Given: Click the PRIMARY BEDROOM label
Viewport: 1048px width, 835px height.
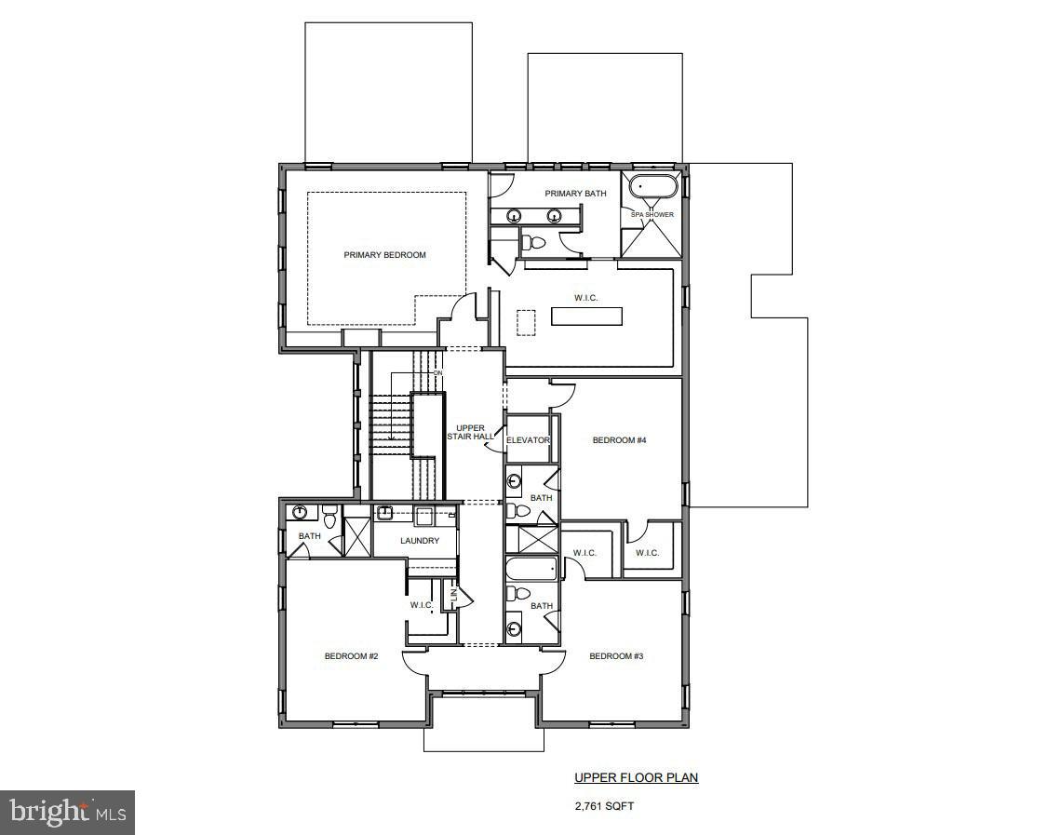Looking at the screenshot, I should tap(384, 255).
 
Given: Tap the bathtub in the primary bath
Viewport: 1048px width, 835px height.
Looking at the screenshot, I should tap(652, 187).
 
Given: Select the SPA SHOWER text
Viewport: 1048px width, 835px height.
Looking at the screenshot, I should tap(652, 215).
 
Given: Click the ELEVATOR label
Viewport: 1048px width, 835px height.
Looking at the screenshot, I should tap(529, 440).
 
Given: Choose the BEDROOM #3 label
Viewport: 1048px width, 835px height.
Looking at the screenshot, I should tap(616, 656).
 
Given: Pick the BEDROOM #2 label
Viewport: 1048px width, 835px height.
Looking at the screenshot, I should tap(351, 656).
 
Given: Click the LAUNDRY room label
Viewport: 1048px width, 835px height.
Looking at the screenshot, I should tap(420, 541).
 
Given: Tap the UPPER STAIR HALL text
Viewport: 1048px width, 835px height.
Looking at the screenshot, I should tap(470, 432).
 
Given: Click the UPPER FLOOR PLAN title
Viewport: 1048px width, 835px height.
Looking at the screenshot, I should tap(636, 777).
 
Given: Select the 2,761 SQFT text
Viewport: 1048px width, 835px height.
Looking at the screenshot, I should tap(604, 806).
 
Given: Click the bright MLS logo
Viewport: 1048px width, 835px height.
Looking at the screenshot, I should tap(67, 812).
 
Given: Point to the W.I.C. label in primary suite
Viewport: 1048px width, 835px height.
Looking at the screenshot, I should tap(585, 298).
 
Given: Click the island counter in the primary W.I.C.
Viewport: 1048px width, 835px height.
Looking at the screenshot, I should tap(586, 316).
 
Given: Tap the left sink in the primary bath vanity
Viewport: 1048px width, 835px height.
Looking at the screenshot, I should tap(513, 216).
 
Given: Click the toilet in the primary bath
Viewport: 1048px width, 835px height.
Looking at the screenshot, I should tap(533, 244).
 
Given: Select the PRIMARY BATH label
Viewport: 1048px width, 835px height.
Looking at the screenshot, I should tap(575, 194).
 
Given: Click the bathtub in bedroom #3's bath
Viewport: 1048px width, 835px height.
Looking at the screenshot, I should tap(531, 569).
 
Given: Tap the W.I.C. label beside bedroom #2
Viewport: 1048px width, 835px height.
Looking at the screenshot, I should tap(422, 605).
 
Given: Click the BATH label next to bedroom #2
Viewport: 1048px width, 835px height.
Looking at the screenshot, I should tap(309, 536).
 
